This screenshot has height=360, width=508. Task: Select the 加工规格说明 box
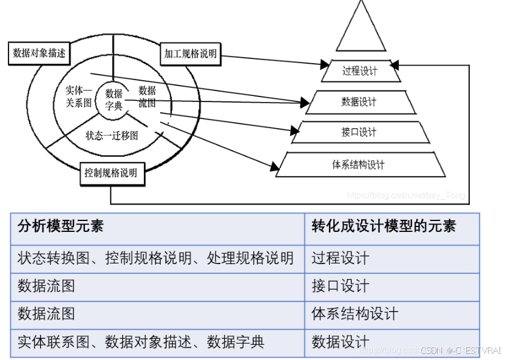coord(190,54)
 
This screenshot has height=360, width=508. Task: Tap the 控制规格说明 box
coord(111,173)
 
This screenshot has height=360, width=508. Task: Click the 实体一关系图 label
coord(78,97)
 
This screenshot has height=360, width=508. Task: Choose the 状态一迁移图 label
coord(112,135)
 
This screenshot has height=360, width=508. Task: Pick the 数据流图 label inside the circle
coord(147,97)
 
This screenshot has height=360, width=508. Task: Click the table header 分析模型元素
coord(61,226)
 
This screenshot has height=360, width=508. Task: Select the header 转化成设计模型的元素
coord(384,226)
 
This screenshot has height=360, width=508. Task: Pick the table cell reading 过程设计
coord(340,258)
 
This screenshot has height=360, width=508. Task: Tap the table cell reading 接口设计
coord(340,286)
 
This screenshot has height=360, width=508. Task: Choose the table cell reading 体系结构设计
coord(355,314)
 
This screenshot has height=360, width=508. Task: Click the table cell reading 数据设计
coord(340,342)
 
